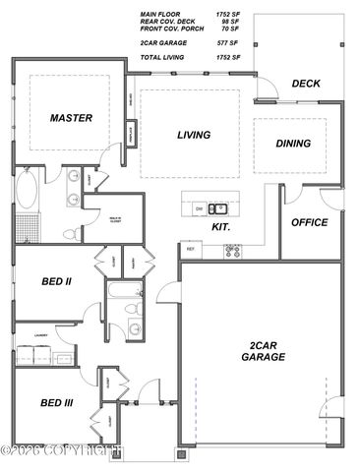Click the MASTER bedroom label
71,118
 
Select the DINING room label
293,144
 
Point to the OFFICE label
310,222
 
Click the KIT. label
221,227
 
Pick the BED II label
56,281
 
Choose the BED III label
55,403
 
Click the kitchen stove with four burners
233,251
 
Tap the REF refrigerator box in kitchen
191,251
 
